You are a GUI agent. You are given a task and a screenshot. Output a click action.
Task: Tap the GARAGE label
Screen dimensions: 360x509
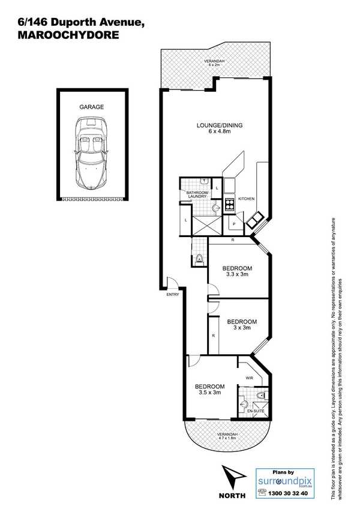point(92,107)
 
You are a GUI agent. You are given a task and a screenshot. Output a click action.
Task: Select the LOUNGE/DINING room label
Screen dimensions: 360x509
point(220,128)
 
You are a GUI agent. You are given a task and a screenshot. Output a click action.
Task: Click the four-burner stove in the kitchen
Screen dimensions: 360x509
point(230,204)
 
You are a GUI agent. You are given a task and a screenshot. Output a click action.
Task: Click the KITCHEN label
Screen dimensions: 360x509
point(247,199)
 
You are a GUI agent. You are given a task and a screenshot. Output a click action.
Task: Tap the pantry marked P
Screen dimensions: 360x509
point(234,224)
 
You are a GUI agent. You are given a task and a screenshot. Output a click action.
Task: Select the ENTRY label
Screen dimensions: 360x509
point(172,295)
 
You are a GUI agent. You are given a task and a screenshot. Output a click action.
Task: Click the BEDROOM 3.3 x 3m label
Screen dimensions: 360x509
point(237,271)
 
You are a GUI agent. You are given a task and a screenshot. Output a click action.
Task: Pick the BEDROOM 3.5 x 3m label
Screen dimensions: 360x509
point(210,389)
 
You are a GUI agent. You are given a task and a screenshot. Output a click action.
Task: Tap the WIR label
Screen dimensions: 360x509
point(250,378)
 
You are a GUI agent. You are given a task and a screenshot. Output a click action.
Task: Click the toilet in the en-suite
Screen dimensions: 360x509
point(260,396)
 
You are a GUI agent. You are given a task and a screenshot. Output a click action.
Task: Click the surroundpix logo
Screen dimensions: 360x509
point(284,481)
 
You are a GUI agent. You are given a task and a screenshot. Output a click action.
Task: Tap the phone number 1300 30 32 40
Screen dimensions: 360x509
point(287,493)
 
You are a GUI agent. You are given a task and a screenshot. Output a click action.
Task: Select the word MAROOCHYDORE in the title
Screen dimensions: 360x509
point(68,35)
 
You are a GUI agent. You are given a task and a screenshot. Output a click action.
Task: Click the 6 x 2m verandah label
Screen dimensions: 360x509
point(214,63)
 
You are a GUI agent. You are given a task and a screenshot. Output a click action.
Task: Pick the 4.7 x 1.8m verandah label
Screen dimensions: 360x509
point(227,436)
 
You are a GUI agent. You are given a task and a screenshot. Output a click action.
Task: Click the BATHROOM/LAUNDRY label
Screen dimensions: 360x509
point(196,194)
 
